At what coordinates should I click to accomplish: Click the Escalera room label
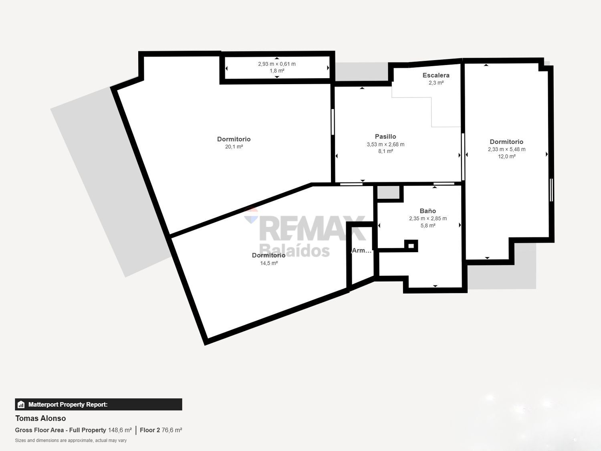436,75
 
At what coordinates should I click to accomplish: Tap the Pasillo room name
385,136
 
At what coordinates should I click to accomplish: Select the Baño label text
428,211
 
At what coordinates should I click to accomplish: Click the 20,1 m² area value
234,147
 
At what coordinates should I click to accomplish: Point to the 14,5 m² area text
269,263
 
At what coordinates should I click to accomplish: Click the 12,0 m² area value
507,156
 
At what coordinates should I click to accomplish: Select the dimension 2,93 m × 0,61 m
277,64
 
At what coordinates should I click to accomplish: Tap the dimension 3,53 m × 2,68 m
385,144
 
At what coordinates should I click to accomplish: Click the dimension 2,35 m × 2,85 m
428,218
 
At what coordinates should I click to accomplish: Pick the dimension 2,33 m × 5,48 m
506,149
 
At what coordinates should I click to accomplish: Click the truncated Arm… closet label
362,250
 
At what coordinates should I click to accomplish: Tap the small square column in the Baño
411,246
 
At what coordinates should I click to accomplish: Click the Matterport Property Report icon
21,404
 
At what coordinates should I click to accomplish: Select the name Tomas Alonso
40,418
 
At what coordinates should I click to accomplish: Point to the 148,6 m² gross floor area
120,430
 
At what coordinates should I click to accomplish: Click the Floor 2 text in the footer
150,430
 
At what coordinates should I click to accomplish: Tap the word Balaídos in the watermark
294,250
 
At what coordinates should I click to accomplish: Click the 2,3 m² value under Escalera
436,83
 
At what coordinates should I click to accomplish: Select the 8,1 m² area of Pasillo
386,151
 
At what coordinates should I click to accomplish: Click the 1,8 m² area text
277,71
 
